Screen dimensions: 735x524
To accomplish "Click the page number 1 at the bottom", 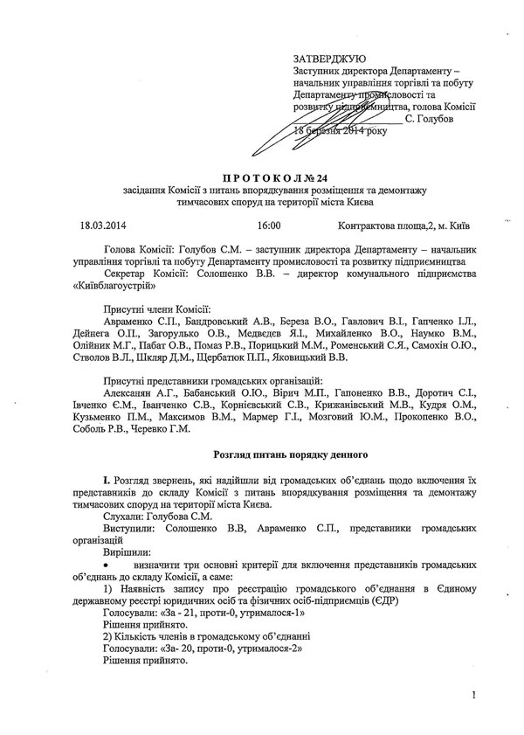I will pos(471,696).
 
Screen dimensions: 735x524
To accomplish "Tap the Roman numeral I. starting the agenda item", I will pos(107,481).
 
